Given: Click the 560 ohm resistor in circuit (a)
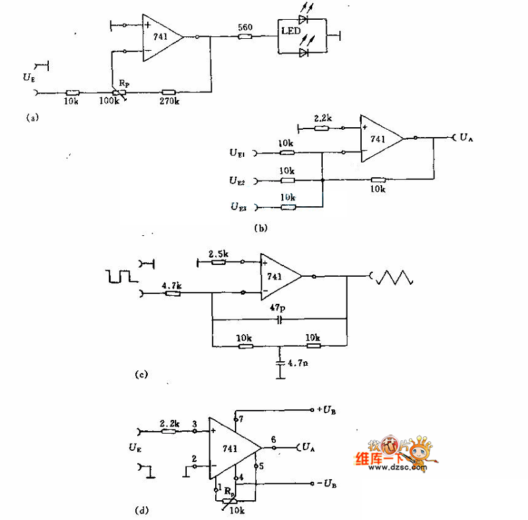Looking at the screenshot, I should click(245, 37).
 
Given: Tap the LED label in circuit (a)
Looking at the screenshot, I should click(292, 32).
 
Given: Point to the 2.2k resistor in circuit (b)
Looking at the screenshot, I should click(321, 129).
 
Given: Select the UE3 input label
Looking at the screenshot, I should click(239, 207).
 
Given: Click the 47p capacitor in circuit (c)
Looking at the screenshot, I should click(279, 320).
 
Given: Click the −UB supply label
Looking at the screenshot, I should click(327, 484).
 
